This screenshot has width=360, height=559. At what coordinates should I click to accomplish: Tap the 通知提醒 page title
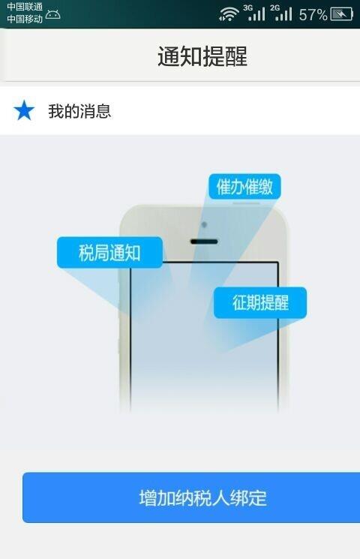coord(202,56)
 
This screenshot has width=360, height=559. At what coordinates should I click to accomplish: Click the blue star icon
coord(24,110)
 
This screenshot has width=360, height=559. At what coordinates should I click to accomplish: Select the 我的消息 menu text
coord(79,111)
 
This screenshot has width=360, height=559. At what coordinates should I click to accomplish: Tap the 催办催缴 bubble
coord(244,186)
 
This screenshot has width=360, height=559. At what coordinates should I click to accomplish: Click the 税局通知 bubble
coord(109,253)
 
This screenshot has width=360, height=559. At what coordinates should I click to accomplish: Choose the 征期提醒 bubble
coord(260,302)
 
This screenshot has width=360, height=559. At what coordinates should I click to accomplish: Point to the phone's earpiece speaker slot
coord(204,242)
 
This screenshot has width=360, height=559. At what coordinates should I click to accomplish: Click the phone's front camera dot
coord(204,224)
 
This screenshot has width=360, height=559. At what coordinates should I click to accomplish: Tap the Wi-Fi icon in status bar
coord(229,14)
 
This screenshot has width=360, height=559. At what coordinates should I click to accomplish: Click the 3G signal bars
coord(255,13)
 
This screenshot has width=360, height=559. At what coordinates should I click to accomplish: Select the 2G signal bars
coord(281,13)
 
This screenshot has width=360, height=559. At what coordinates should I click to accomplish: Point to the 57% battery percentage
coord(313,14)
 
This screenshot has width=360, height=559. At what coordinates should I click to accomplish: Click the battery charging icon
coord(342,14)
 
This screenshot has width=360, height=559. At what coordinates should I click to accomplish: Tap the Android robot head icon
coord(52,14)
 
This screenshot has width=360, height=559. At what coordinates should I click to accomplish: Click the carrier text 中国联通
coord(25,7)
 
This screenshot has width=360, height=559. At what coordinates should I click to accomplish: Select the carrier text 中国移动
coord(25,18)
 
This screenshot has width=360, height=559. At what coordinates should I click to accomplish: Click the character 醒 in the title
coord(236,56)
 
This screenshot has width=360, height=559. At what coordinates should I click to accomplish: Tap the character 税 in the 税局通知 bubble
coord(86,253)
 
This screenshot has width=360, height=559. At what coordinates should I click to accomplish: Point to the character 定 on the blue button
coord(259,498)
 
